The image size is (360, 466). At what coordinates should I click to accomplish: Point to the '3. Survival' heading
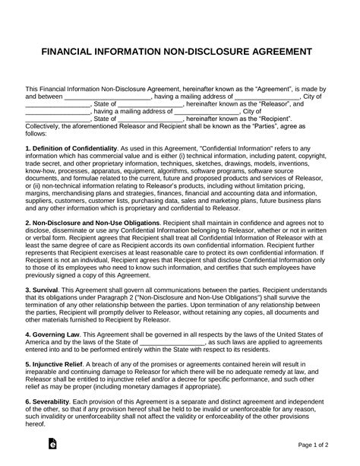tap(46, 289)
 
